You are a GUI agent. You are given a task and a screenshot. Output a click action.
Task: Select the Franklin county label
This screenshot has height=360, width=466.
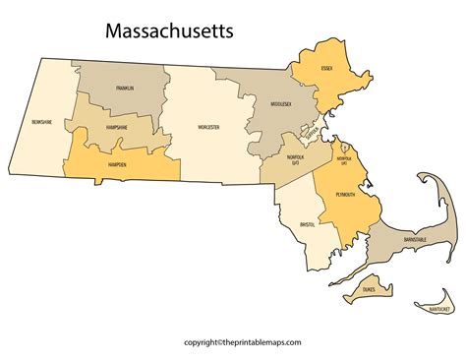coord(125,89)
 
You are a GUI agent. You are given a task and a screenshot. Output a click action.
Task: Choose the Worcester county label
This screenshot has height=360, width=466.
coord(206,127)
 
